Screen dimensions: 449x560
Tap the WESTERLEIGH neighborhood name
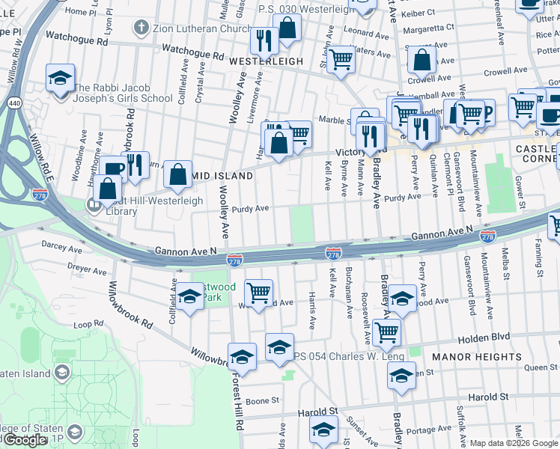click(x=266, y=61)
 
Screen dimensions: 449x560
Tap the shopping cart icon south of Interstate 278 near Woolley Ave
click(x=258, y=292)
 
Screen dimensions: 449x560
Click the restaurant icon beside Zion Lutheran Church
click(x=263, y=39)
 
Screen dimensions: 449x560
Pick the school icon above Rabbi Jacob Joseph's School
click(x=58, y=77)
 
